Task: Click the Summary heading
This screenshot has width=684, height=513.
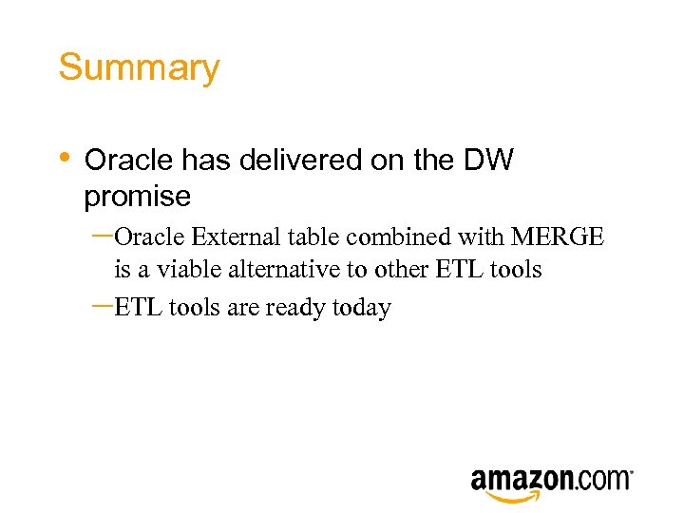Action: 139,68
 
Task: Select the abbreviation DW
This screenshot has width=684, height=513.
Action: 488,160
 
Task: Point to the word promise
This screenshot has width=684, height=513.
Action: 138,197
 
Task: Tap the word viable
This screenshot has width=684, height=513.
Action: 186,270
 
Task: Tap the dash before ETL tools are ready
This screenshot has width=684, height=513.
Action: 103,306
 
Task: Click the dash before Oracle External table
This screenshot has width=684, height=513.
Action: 103,234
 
